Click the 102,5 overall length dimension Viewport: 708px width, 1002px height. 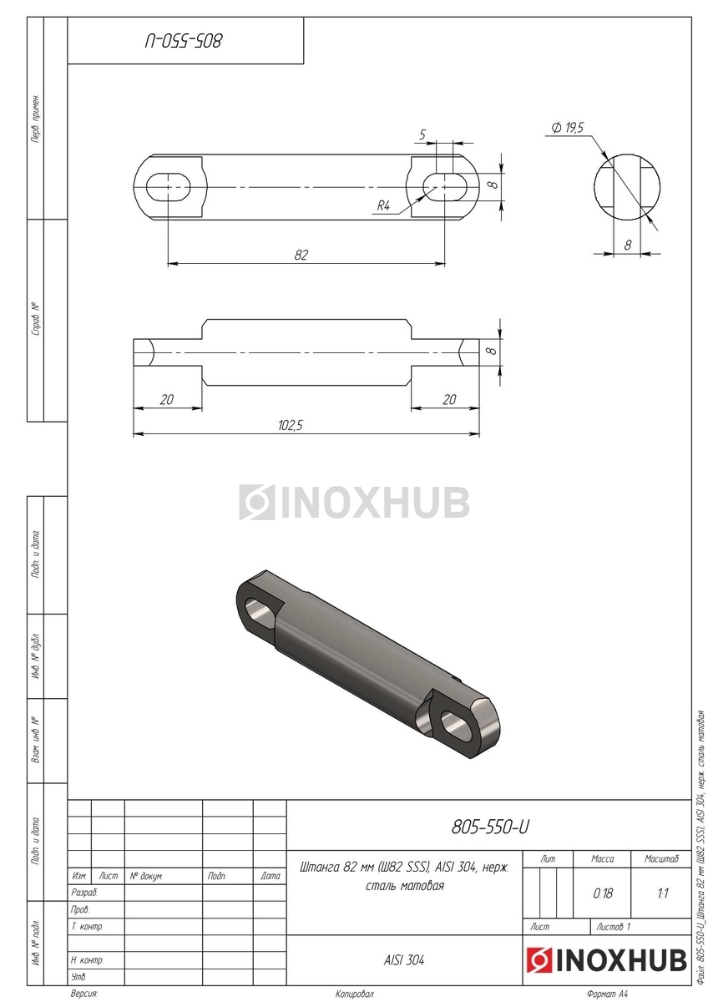point(291,424)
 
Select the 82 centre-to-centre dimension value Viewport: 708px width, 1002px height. point(301,255)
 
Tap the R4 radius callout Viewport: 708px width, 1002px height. point(383,205)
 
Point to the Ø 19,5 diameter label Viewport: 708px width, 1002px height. point(568,128)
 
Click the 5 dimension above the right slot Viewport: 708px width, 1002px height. point(422,134)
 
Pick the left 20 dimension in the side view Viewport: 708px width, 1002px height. point(166,399)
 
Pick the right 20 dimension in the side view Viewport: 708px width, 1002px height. point(449,399)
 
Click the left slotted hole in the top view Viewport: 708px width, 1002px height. point(169,186)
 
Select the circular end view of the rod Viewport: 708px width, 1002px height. point(628,187)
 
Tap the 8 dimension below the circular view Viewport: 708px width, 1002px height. point(628,245)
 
